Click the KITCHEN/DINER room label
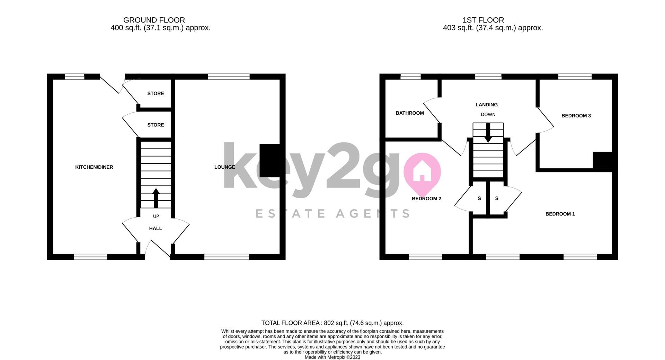tap(94, 167)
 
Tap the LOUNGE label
tap(224, 167)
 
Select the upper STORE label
tap(156, 94)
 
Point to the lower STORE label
tap(156, 125)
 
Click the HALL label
tap(156, 228)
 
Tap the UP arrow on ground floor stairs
tap(156, 197)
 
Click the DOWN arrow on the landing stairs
tap(488, 133)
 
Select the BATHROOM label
tap(410, 113)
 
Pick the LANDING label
tap(487, 105)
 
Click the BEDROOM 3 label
tap(576, 116)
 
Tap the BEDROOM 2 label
tap(426, 199)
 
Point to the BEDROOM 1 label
tap(560, 214)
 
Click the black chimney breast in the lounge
tap(269, 160)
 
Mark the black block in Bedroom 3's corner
tap(603, 160)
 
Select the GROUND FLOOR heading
tap(154, 20)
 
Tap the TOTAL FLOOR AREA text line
tap(332, 323)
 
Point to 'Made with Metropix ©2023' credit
tap(332, 357)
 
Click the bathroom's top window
tap(410, 77)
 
